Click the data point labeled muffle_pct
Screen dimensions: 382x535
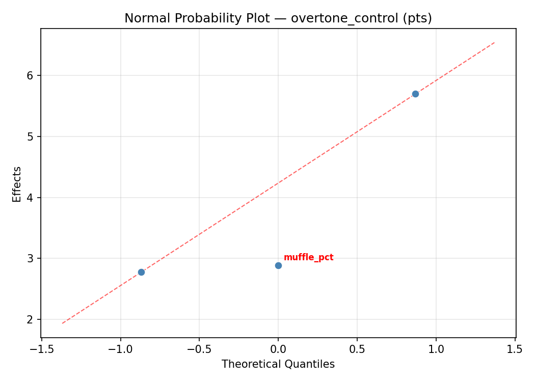coord(278,265)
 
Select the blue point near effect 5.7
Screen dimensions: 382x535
coord(415,94)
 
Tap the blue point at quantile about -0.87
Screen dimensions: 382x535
coord(141,272)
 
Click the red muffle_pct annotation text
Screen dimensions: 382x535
coord(308,258)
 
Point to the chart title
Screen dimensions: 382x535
coord(278,18)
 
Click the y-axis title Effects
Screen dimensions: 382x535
coord(17,184)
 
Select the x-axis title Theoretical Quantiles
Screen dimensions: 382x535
coord(278,364)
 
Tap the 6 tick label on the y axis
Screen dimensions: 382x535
coord(30,75)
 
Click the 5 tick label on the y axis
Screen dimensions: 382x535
coord(30,137)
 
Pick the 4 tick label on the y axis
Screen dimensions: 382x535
coord(30,198)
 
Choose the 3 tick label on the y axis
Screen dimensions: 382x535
coord(30,259)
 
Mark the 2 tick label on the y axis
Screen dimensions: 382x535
coord(30,320)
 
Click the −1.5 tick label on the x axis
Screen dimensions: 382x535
coord(41,349)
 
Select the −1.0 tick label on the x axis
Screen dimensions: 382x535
coord(120,349)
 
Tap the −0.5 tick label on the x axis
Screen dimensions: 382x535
coord(199,349)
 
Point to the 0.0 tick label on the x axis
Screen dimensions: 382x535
coord(278,349)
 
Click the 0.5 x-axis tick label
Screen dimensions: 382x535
coord(357,349)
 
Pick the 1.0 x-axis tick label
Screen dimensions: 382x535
coord(436,349)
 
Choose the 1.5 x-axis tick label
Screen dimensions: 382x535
coord(515,349)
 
